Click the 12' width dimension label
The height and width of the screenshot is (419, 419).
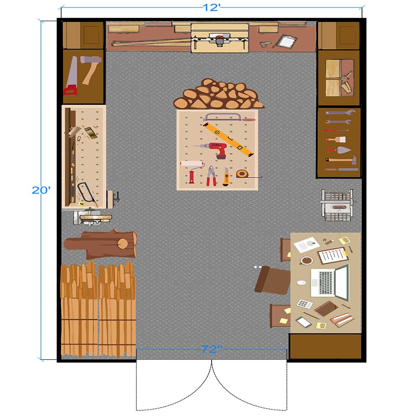tap(212, 8)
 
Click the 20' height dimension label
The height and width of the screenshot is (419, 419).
tap(41, 190)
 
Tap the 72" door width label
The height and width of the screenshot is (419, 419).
tap(212, 349)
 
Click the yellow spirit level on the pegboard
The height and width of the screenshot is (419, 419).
tap(228, 139)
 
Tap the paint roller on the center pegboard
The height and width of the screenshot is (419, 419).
tap(192, 171)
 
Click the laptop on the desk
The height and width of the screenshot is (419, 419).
tap(330, 283)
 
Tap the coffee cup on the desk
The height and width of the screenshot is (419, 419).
tap(306, 260)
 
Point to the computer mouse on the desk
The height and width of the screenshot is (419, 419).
tap(301, 282)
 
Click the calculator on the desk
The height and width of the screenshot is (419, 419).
tap(305, 304)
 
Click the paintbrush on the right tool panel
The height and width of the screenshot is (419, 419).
tap(336, 140)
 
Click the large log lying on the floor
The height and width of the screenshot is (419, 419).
tap(101, 243)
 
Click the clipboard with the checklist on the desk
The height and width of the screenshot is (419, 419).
tap(333, 256)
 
